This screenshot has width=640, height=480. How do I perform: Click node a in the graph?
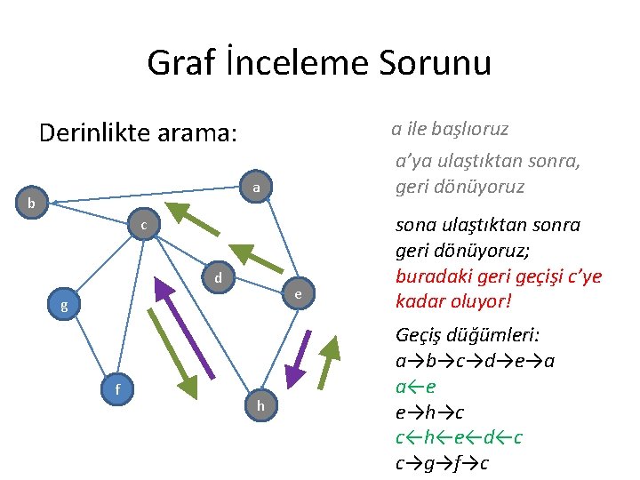click(x=256, y=188)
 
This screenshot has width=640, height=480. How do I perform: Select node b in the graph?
click(x=32, y=204)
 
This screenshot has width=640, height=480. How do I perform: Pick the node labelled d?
click(x=217, y=278)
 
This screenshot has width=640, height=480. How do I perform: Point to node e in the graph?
click(x=299, y=293)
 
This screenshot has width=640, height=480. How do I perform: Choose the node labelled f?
click(x=118, y=388)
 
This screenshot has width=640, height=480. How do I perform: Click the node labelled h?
click(x=260, y=405)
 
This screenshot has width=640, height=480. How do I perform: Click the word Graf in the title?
click(x=181, y=63)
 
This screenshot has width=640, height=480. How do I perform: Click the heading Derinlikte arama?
click(x=139, y=133)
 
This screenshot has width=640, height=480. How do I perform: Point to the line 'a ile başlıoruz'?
click(x=450, y=129)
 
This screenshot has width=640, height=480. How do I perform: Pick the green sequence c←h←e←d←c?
click(x=459, y=438)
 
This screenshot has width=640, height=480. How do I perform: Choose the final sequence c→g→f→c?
click(x=442, y=463)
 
